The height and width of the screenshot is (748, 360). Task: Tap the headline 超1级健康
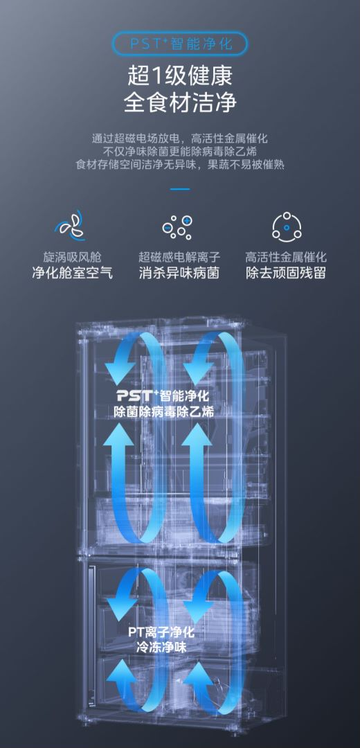(180, 76)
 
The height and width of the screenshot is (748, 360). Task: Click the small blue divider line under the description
(180, 189)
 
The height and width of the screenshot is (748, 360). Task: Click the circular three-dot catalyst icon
(286, 226)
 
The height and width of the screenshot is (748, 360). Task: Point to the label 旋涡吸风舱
(73, 258)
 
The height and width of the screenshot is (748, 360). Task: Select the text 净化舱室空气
(73, 274)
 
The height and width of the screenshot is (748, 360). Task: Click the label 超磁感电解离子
(180, 258)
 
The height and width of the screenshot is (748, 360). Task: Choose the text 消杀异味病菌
(180, 274)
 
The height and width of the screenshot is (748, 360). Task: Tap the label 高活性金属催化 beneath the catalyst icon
(286, 258)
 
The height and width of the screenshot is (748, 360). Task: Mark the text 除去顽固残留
(286, 274)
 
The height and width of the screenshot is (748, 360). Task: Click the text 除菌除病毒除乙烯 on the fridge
(164, 411)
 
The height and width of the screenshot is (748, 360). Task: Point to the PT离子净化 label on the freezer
(161, 632)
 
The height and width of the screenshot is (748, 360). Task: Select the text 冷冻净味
(161, 648)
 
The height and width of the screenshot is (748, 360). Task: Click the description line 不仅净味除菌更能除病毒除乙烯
(180, 152)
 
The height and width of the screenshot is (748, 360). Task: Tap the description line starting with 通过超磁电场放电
(180, 139)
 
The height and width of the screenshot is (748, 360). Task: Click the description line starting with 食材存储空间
(180, 165)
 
